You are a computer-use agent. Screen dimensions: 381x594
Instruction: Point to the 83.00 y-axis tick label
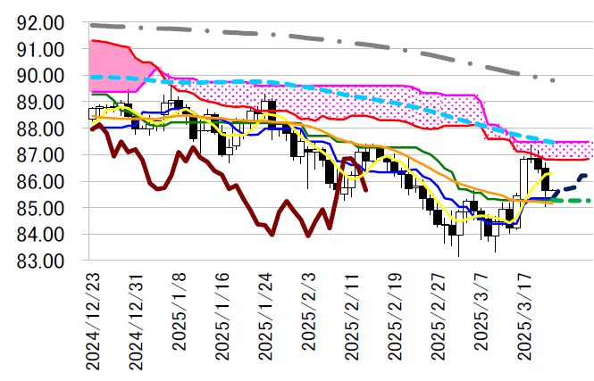pyautogui.click(x=41, y=261)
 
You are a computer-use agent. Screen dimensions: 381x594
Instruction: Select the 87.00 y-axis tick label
pyautogui.click(x=41, y=155)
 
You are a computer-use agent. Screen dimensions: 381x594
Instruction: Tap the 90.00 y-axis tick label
pyautogui.click(x=41, y=76)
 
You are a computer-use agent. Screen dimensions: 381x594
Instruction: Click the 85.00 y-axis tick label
pyautogui.click(x=41, y=208)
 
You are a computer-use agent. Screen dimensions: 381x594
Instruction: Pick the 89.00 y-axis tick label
pyautogui.click(x=41, y=102)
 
